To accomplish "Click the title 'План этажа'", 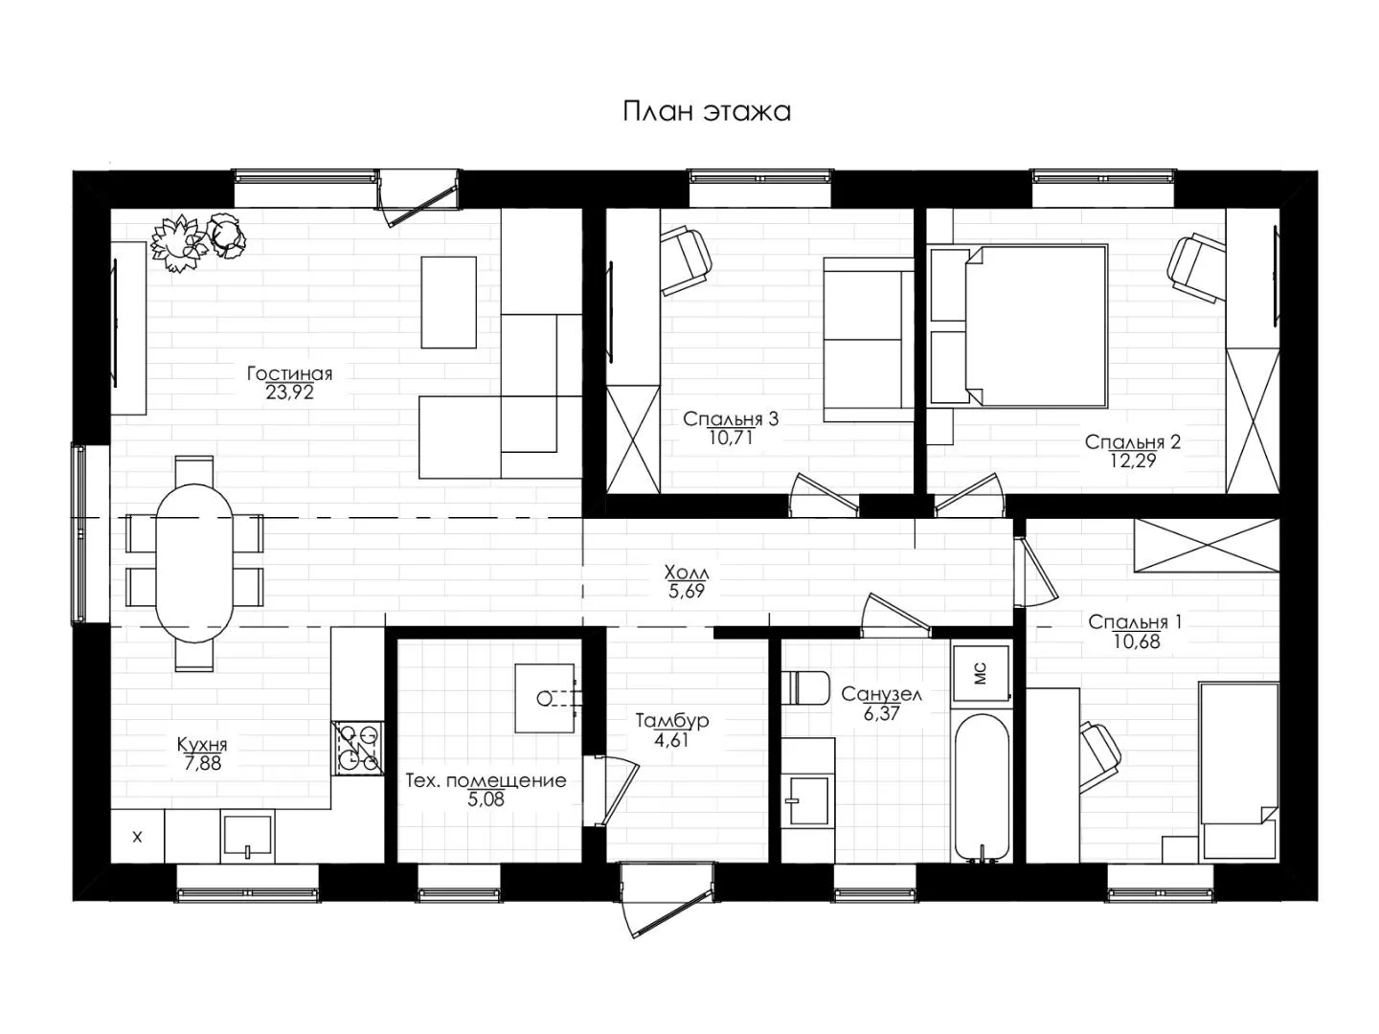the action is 706,112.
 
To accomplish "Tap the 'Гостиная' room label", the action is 289,373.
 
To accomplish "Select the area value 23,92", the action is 289,393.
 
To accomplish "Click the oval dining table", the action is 194,563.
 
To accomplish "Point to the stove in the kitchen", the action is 358,748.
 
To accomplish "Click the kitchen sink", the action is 247,836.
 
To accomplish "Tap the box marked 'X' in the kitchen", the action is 138,836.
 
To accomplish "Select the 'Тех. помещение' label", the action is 486,781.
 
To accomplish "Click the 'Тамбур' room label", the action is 671,721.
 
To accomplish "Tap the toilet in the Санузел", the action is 805,688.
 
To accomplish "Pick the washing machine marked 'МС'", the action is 981,673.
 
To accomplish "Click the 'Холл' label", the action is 686,573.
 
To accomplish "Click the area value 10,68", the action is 1136,641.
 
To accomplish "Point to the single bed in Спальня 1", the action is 1238,771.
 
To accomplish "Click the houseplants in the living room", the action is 198,242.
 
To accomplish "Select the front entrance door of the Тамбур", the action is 667,900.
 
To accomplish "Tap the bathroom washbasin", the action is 808,800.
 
